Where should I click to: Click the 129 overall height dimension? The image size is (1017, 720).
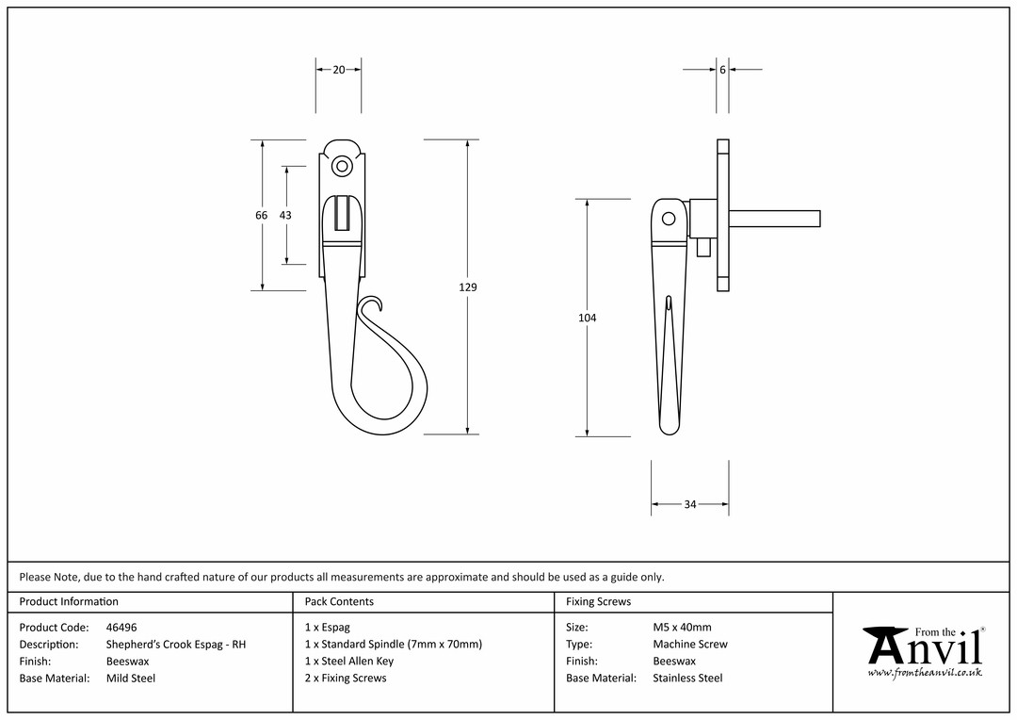468,286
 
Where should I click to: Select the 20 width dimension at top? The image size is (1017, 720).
339,70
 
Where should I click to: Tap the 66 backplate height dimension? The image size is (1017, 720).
262,215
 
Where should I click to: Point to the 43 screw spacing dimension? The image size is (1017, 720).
285,215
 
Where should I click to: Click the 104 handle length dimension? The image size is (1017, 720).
587,318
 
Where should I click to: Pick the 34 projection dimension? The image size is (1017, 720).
690,504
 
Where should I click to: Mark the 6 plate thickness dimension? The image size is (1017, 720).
722,70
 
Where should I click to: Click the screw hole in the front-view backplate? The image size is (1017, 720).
342,167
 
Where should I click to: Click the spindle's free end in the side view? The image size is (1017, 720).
820,218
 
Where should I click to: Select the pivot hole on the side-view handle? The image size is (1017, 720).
668,219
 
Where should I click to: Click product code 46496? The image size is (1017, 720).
121,628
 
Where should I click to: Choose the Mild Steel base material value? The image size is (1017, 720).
131,679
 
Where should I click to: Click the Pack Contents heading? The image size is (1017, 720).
339,602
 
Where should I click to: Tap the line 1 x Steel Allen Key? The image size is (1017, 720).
349,662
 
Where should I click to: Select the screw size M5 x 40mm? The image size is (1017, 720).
683,628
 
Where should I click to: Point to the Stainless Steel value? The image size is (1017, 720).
687,679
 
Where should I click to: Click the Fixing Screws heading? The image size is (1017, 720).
598,602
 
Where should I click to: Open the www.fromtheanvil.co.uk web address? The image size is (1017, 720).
925,673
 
